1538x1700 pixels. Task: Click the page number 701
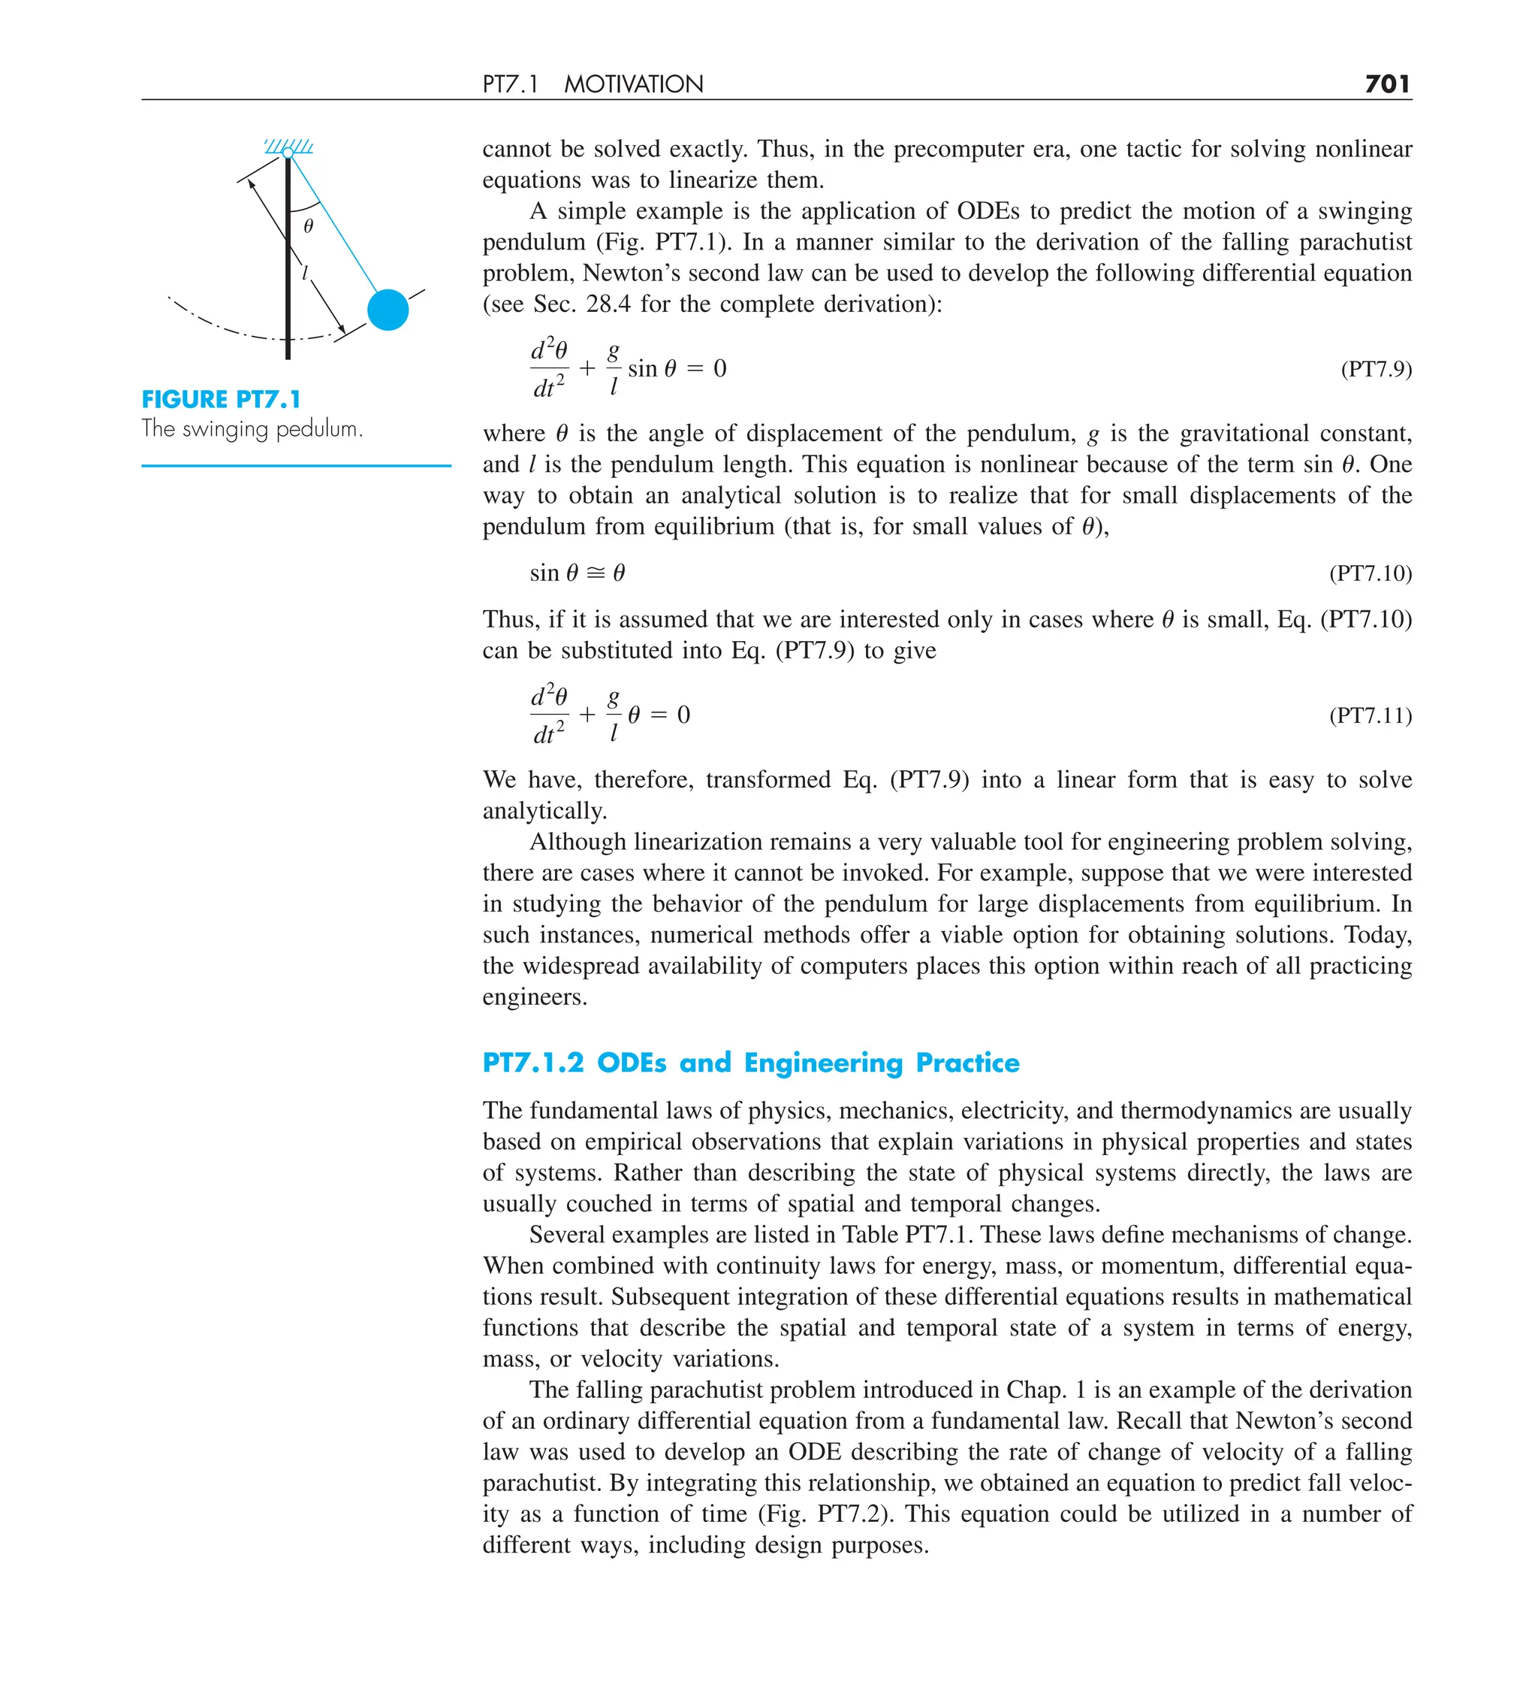[x=1387, y=83]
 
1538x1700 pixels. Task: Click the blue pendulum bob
[x=388, y=310]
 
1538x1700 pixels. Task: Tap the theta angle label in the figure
[x=309, y=226]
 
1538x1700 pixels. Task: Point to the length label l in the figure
[x=306, y=272]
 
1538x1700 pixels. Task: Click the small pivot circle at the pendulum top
[x=288, y=153]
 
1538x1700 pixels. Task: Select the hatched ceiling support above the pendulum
[x=289, y=146]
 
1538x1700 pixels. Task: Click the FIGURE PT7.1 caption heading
[x=221, y=399]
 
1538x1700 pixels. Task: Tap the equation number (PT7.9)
[x=1375, y=369]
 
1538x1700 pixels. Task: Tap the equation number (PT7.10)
[x=1371, y=573]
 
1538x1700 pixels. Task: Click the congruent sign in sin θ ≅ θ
[x=595, y=573]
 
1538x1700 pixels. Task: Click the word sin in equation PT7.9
[x=642, y=369]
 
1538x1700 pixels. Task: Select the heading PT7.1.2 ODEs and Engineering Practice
[x=750, y=1063]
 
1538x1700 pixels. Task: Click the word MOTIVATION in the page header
[x=633, y=84]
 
